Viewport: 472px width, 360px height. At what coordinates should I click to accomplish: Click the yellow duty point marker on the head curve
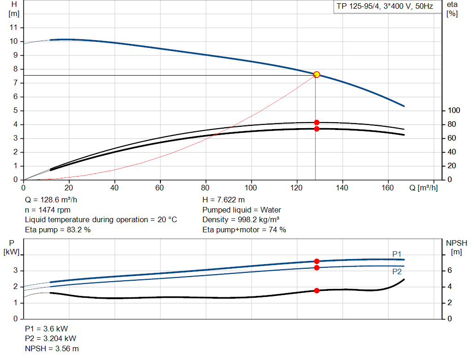(x=316, y=75)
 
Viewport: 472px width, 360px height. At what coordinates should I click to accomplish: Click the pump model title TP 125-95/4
(x=383, y=7)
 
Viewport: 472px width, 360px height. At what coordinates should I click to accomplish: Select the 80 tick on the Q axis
(x=206, y=188)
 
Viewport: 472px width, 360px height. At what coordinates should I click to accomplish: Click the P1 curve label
(x=397, y=254)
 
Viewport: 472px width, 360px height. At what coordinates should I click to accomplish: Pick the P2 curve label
(x=397, y=272)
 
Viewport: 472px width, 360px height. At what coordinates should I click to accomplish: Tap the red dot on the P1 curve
(x=317, y=261)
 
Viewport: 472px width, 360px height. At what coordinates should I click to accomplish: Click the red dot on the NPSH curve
(x=317, y=290)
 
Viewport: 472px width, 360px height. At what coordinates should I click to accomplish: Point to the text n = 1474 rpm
(x=47, y=210)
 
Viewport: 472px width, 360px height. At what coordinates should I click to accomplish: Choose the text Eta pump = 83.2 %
(x=58, y=230)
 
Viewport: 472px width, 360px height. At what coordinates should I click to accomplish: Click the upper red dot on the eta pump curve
(x=317, y=123)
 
